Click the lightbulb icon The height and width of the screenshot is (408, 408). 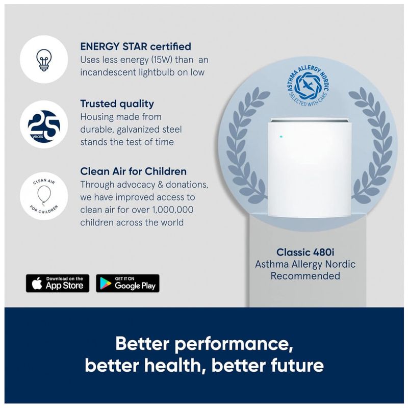pos(44,60)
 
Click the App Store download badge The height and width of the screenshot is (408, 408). pos(58,283)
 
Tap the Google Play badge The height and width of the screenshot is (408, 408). pos(127,283)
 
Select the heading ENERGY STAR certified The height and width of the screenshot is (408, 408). pos(136,46)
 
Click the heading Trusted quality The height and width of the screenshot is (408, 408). pos(117,104)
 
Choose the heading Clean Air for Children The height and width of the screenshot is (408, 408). pos(133,171)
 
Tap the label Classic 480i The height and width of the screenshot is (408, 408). pos(305,252)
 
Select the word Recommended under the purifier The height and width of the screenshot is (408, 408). pos(305,276)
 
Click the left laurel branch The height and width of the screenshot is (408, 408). pos(247,146)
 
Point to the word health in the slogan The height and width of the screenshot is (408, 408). pos(173,365)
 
